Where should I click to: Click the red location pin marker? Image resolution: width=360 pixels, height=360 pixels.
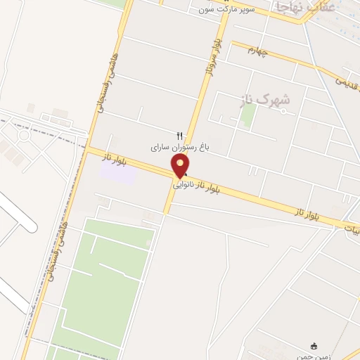tap(180, 166)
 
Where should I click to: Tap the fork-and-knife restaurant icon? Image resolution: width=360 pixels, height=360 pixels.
tap(179, 136)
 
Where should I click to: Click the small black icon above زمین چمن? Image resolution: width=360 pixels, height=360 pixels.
tap(314, 345)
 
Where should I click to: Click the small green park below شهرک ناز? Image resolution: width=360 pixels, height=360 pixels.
tap(247, 115)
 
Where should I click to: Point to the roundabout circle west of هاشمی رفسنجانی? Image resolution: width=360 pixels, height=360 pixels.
tap(24, 134)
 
